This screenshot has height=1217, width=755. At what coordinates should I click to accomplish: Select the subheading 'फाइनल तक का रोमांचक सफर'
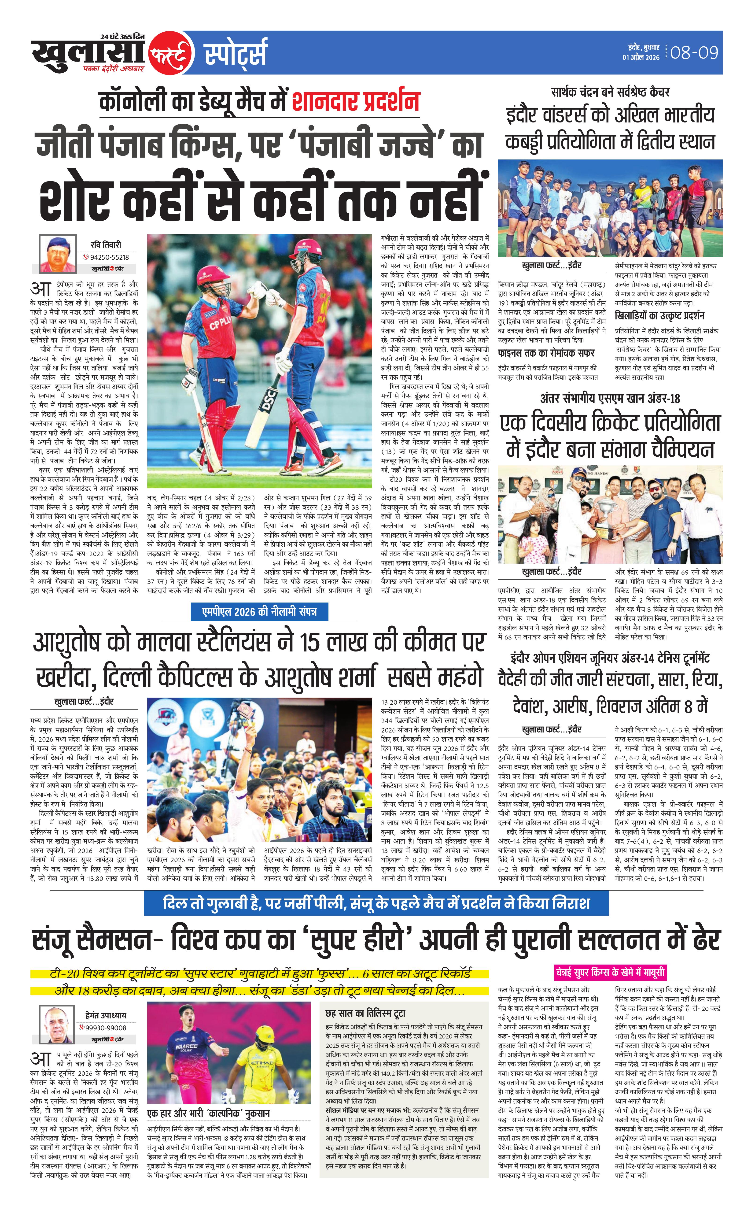pos(546,353)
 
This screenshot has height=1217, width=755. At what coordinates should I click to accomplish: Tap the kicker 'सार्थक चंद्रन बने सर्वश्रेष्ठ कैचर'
pos(610,92)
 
